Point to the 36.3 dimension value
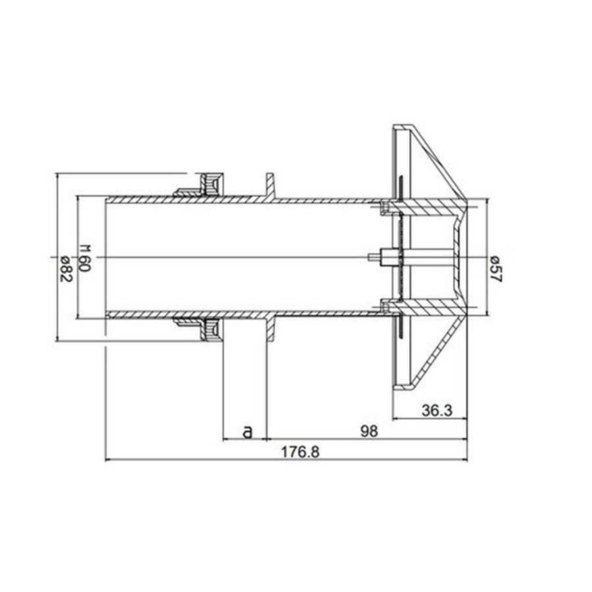click(437, 411)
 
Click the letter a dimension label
click(247, 432)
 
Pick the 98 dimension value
click(370, 432)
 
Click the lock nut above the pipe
click(210, 184)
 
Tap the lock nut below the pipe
click(210, 329)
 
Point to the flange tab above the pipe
click(270, 185)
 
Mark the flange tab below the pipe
click(270, 329)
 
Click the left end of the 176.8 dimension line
click(106, 460)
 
